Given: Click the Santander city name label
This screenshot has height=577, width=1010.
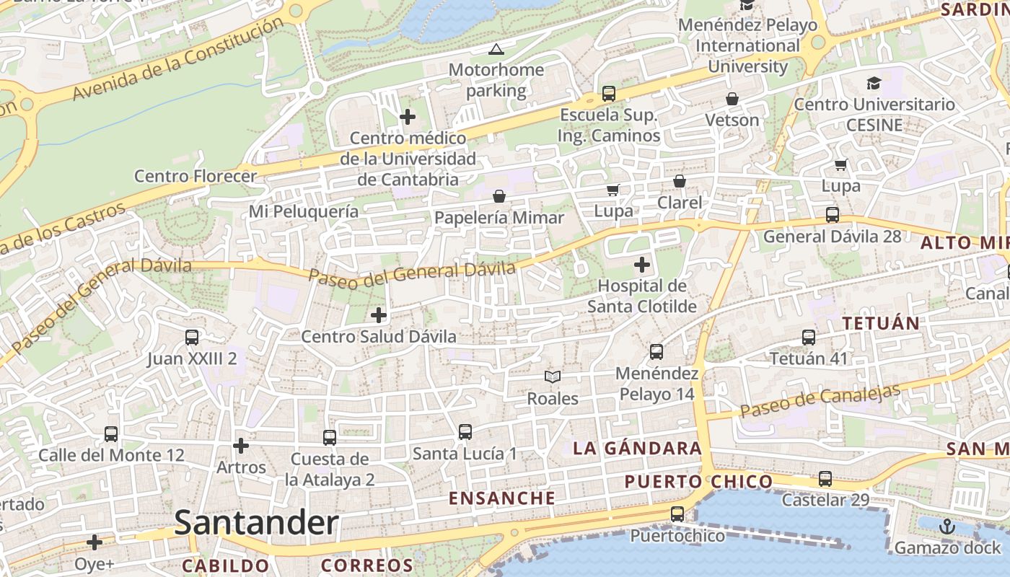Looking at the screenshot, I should (256, 523).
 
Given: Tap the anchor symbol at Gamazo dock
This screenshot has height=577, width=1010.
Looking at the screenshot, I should (947, 527).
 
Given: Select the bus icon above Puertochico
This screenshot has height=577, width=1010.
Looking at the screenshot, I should (677, 514).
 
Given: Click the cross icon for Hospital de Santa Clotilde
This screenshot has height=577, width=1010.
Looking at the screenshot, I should (641, 265).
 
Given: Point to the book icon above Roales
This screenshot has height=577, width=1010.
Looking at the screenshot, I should (553, 376).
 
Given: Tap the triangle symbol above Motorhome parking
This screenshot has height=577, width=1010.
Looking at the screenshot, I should (496, 50).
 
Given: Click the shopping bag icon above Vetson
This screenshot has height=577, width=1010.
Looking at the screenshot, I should (732, 99).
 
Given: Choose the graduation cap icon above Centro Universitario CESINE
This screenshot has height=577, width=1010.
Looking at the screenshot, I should (874, 83).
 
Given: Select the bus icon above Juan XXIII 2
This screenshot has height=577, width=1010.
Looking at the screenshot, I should (192, 337).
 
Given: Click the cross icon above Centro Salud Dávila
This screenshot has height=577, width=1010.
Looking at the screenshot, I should (379, 315).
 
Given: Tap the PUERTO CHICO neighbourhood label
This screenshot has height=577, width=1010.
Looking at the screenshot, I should (698, 481).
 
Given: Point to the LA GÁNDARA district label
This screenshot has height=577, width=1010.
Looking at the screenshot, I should (637, 449).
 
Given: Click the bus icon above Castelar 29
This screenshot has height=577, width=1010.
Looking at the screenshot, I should (825, 478).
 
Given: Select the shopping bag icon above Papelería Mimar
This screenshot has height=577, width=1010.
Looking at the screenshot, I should (499, 196).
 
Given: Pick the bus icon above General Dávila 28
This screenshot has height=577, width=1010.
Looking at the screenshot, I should (833, 215).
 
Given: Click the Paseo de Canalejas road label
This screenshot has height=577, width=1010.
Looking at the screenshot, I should (820, 400).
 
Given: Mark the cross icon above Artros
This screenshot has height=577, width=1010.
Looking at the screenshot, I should (241, 446).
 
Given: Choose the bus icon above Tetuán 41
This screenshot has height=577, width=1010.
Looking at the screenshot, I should (809, 337).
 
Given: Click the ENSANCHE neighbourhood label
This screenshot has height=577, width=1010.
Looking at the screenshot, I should (502, 498).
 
